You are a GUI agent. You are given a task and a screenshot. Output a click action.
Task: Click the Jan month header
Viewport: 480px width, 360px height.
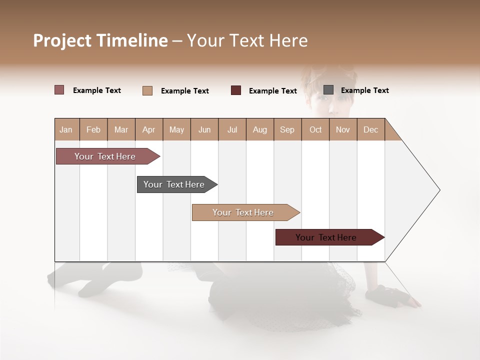[x=66, y=129]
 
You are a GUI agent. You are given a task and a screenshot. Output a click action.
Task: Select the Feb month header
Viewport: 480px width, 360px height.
[x=93, y=129]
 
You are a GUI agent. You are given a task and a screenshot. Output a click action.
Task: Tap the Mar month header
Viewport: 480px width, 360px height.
[x=121, y=129]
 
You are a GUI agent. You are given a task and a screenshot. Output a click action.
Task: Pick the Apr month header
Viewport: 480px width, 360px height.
[x=149, y=129]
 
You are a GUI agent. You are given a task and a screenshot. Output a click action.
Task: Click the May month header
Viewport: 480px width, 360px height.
[x=176, y=129]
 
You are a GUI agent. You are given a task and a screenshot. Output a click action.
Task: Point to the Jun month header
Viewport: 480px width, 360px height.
[x=204, y=129]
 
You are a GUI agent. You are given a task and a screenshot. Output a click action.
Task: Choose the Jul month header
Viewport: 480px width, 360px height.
[x=232, y=129]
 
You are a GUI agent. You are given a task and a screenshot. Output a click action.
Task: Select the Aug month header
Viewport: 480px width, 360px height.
[x=260, y=129]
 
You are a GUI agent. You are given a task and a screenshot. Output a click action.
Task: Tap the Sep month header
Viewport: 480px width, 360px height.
[x=287, y=129]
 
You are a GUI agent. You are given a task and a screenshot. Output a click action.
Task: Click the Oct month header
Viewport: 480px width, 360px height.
[x=315, y=129]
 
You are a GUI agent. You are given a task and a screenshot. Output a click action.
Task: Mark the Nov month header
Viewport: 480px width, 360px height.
[x=343, y=129]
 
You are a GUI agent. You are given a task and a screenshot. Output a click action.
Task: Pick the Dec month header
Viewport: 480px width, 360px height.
[x=371, y=129]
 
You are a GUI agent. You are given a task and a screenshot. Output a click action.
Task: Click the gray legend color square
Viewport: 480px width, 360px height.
[x=328, y=90]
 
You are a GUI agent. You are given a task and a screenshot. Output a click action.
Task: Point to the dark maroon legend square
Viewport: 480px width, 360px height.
[x=236, y=90]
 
